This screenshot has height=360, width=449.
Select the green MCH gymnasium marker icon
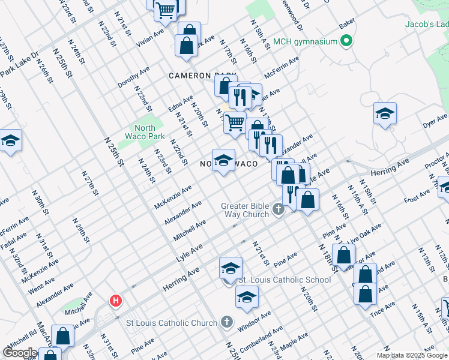coord(346,42)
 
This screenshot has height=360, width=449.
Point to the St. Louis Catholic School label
coord(285,280)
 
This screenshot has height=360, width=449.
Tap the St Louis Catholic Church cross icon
coord(226,323)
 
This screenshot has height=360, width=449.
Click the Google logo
coord(20,353)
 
